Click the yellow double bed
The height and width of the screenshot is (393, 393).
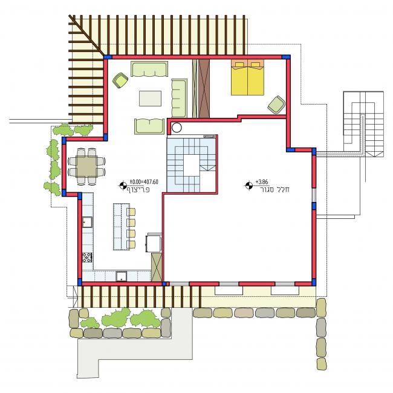247,77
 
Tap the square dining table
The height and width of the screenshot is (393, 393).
86,166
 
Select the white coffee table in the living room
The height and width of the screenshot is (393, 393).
150,99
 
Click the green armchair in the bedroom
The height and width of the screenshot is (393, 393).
276,105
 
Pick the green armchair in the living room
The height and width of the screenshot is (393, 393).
120,80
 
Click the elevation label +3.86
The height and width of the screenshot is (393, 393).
262,182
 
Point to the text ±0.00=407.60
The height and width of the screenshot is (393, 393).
144,182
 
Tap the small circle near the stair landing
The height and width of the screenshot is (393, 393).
177,128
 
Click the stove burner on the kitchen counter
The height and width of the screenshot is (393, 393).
87,258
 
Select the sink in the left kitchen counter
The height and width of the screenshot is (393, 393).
87,222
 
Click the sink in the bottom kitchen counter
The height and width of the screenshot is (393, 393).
121,276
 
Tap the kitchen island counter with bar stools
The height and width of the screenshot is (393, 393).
122,227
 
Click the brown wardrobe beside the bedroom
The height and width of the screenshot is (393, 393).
204,88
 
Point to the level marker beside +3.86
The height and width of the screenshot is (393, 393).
248,186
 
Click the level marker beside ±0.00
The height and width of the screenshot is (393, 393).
123,186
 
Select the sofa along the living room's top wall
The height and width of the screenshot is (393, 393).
149,69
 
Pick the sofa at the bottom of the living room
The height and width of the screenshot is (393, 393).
149,126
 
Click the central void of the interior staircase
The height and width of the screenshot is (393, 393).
192,165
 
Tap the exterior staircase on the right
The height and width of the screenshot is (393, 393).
363,125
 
